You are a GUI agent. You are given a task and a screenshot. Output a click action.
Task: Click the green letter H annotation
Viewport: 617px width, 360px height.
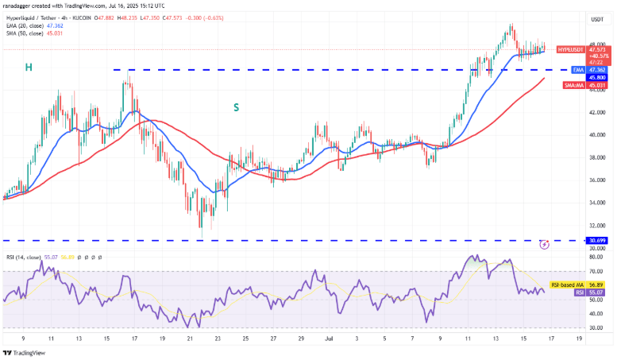point(28,68)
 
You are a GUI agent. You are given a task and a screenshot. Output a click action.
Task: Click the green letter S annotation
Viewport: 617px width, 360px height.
point(236,106)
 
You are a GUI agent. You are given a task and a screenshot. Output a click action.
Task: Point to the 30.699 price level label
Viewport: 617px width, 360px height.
point(598,240)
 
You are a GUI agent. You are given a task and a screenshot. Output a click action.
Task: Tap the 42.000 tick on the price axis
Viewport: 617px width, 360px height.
point(596,112)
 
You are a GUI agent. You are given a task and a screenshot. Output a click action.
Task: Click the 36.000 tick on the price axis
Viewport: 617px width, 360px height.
point(596,180)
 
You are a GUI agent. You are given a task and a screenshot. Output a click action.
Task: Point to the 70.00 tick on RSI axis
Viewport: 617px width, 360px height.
point(596,271)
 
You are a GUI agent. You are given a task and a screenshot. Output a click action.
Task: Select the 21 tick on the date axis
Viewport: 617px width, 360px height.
point(190,338)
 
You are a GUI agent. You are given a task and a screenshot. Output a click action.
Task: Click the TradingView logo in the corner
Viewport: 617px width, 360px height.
point(23,353)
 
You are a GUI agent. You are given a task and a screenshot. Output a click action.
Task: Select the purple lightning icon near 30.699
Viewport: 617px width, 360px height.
point(544,243)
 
